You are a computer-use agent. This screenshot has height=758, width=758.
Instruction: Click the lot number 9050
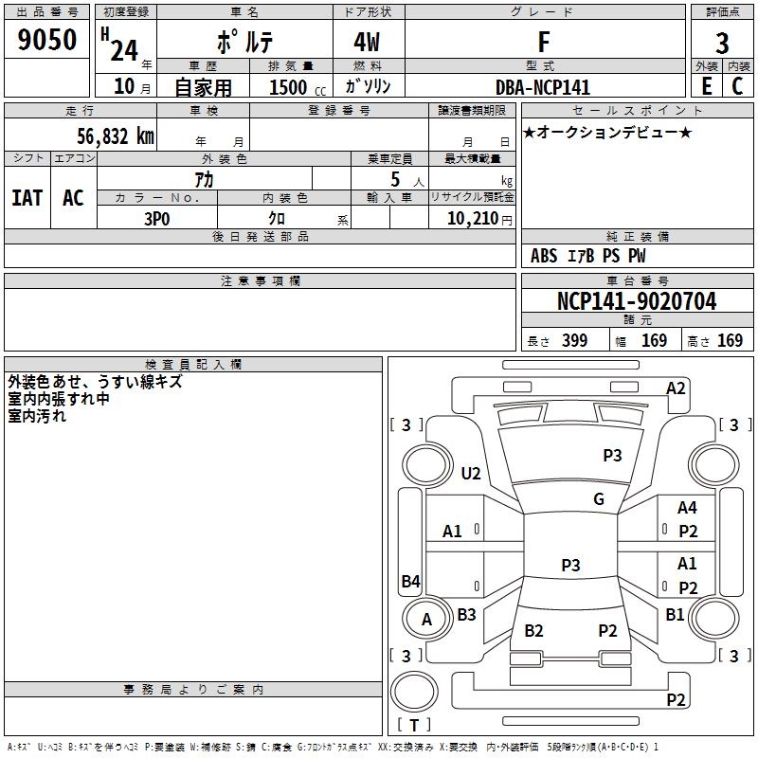pos(46,39)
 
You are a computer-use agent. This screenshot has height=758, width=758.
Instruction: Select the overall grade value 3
pos(722,44)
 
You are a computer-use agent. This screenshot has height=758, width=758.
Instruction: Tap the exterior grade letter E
pos(707,86)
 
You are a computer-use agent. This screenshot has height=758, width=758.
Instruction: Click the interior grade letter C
pos(737,86)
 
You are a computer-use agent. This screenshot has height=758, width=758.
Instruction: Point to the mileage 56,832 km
pos(116,136)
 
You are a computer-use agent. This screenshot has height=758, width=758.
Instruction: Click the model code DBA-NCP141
pos(543,87)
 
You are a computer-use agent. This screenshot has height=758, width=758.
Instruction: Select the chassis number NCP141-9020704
pos(637,301)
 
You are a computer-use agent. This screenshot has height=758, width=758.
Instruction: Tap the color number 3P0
pos(157,219)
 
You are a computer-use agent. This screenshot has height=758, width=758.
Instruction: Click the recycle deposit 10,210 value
pos(473,219)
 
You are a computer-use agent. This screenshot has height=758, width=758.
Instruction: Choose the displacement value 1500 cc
pos(298,87)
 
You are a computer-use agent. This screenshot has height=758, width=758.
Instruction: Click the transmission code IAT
pos(27,198)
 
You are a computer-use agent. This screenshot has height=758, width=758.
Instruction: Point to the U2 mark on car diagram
pos(471,473)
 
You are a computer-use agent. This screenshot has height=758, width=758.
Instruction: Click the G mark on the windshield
pos(599,499)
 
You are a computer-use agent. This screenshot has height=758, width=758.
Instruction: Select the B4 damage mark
pos(411,581)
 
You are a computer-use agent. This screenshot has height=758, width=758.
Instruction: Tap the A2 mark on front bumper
pos(676,388)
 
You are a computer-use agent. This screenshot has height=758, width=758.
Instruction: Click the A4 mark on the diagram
pos(687,508)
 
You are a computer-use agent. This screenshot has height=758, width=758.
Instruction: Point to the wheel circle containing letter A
pos(426,619)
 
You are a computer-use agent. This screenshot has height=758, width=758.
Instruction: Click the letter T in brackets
pos(414,725)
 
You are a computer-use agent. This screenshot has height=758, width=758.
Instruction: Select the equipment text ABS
pos(544,256)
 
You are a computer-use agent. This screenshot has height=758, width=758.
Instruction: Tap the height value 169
pos(730,340)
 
